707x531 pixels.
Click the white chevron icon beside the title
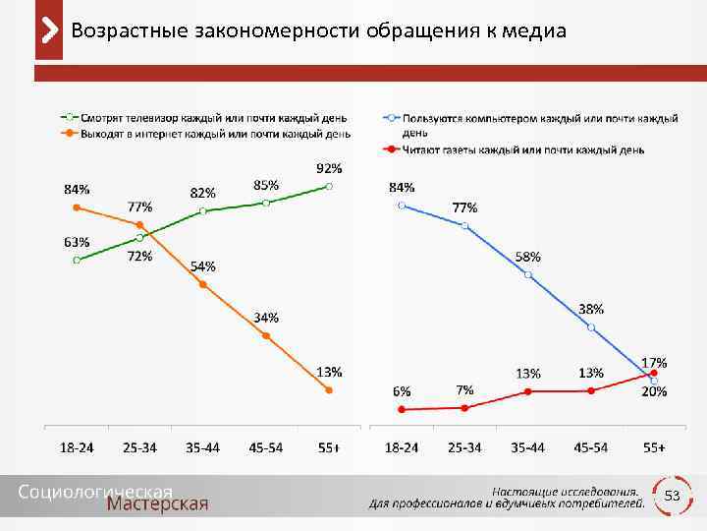click(x=48, y=30)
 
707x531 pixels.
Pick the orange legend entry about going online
click(x=206, y=133)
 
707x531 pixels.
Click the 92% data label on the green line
click(x=329, y=168)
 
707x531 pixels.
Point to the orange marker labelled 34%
click(x=266, y=335)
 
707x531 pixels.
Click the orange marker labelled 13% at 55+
click(x=329, y=390)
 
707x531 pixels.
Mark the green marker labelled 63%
click(x=77, y=261)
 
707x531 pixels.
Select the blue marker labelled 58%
click(x=528, y=274)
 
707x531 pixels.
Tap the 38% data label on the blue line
click(x=591, y=309)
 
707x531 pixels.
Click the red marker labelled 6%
click(x=402, y=409)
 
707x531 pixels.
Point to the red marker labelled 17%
click(x=654, y=374)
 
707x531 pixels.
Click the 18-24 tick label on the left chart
click(x=78, y=447)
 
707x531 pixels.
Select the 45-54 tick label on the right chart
click(x=591, y=447)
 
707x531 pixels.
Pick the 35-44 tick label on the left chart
click(x=203, y=447)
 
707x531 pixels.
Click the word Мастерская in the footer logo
click(x=157, y=504)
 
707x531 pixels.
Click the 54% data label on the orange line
click(x=203, y=266)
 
